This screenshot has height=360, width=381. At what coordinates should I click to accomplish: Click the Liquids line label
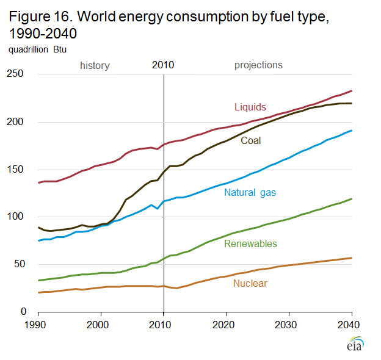pos(250,107)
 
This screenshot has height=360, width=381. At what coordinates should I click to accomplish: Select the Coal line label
pos(250,140)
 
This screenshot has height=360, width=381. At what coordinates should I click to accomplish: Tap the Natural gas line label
pos(250,193)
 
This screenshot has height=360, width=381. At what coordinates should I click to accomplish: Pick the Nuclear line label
pos(250,283)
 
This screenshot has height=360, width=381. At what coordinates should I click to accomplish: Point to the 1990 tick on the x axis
pos(38,325)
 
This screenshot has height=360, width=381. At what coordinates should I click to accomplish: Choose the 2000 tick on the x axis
pos(100,325)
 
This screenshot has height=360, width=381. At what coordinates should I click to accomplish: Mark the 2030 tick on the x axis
pos(289,325)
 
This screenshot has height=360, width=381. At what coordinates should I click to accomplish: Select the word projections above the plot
pos(258,65)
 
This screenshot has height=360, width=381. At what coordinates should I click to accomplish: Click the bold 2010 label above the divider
pos(163,65)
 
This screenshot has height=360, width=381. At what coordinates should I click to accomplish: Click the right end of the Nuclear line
pos(352,257)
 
